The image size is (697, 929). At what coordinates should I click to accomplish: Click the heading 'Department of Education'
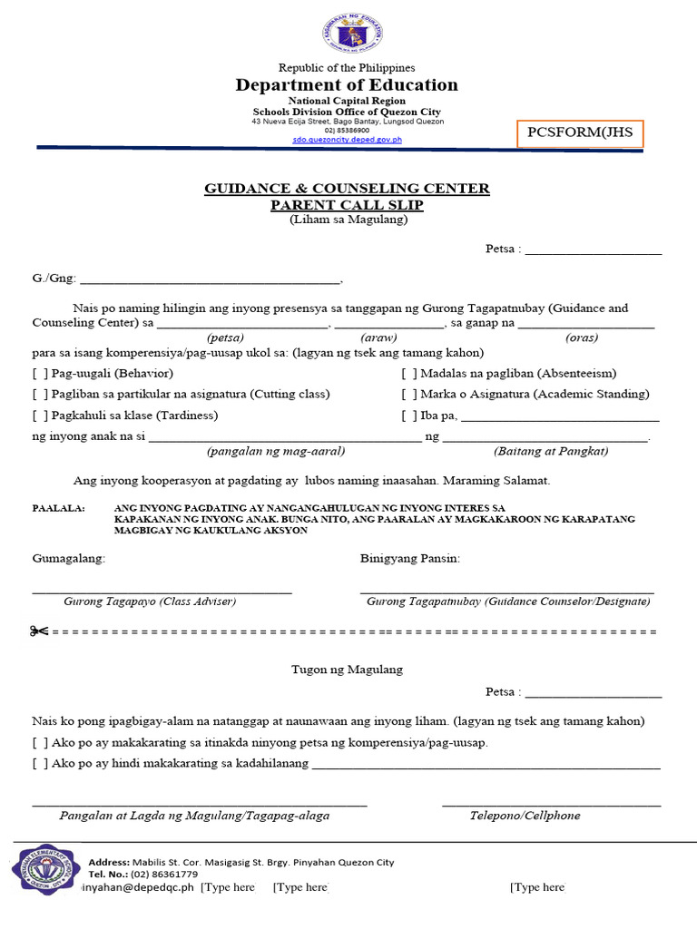pos(347,85)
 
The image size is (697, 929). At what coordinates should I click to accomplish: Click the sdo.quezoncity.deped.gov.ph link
pos(347,141)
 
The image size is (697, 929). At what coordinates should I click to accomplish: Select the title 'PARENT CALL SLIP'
pos(347,205)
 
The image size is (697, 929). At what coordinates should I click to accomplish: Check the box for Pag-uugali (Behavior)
pos(40,374)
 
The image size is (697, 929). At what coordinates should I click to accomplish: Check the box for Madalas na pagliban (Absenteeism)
pos(409,374)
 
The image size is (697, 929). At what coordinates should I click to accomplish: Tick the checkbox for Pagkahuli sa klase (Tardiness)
pos(40,416)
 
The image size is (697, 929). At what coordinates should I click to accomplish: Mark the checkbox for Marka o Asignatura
pos(409,395)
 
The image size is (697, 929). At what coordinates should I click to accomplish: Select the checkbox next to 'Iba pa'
pos(409,416)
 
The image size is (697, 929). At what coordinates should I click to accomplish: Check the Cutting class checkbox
pos(40,395)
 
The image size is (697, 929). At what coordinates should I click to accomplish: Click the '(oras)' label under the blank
pos(581,337)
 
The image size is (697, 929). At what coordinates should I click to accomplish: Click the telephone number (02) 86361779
pos(158,875)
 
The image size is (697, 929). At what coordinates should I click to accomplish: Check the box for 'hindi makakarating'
pos(40,764)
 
